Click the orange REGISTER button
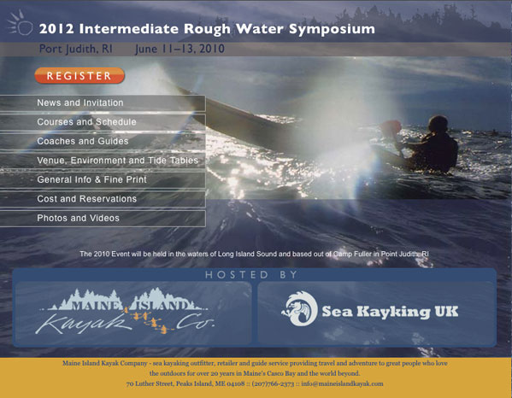pyautogui.click(x=79, y=76)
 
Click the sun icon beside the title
pyautogui.click(x=21, y=23)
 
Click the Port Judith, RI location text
pyautogui.click(x=76, y=49)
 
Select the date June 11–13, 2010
pyautogui.click(x=179, y=49)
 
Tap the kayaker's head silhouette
pyautogui.click(x=438, y=124)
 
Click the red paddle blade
pyautogui.click(x=391, y=128)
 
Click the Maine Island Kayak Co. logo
pyautogui.click(x=125, y=312)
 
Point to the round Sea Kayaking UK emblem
pyautogui.click(x=300, y=309)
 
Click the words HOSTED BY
pyautogui.click(x=251, y=275)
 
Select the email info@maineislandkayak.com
pyautogui.click(x=342, y=383)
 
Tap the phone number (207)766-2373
pyautogui.click(x=273, y=383)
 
